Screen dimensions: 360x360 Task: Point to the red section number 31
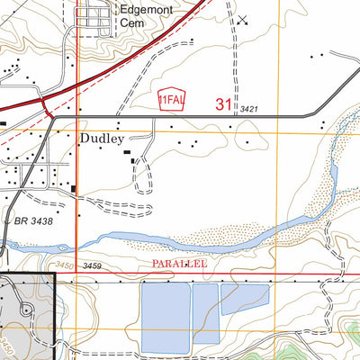click(224, 104)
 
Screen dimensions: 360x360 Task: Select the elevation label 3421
click(249, 110)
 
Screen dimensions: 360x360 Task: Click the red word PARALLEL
click(179, 265)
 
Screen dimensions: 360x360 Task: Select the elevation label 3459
click(91, 266)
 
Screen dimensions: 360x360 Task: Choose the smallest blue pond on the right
click(245, 297)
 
